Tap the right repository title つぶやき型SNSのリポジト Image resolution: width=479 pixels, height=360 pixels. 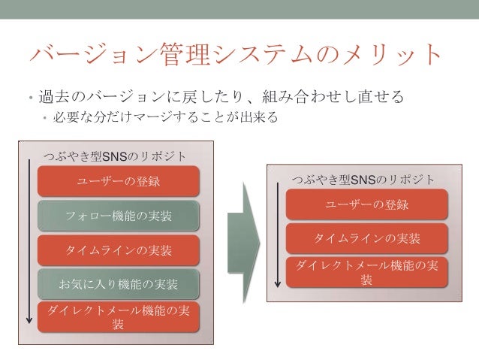(x=363, y=180)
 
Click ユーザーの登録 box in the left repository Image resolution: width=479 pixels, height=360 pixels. (x=119, y=181)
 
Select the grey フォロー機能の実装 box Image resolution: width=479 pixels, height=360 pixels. (x=119, y=216)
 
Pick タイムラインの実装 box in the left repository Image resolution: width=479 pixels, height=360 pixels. (x=119, y=250)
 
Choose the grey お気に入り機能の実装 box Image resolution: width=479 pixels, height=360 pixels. (x=119, y=283)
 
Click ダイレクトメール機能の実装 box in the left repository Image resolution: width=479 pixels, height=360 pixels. (x=119, y=316)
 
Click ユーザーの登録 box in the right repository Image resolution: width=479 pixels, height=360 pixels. (x=367, y=204)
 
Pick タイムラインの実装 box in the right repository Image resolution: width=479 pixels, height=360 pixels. (x=367, y=238)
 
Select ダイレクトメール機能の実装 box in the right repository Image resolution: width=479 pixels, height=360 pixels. (x=367, y=272)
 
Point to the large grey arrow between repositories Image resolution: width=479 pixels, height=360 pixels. (x=244, y=233)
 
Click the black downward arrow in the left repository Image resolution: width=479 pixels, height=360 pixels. (x=30, y=241)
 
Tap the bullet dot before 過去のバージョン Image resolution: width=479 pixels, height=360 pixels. (x=23, y=98)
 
